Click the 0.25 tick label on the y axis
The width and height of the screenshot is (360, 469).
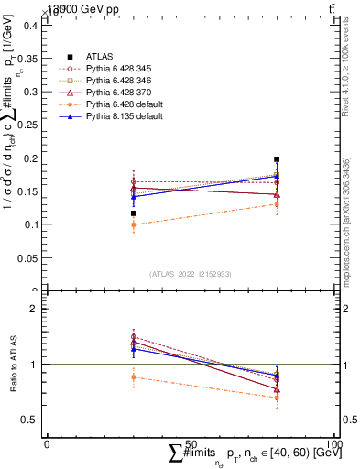28,125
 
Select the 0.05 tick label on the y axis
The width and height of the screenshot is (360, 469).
28,257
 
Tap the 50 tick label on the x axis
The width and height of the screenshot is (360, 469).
191,442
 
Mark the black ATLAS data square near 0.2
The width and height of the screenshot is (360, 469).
277,159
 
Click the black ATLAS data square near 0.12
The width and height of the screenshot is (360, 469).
134,213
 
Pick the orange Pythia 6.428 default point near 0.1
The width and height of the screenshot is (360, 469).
134,224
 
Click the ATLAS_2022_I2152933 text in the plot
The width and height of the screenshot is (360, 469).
190,274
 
